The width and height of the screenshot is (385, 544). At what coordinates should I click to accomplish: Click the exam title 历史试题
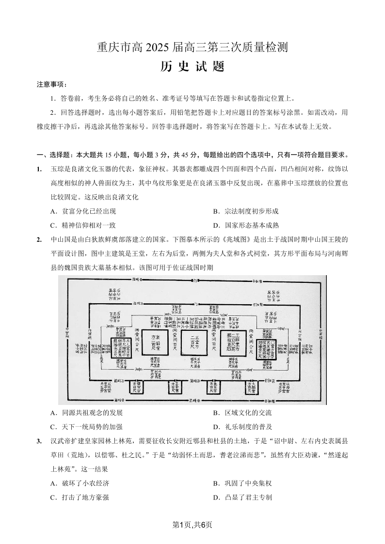pyautogui.click(x=192, y=67)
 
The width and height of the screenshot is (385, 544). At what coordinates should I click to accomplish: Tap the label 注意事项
pyautogui.click(x=52, y=84)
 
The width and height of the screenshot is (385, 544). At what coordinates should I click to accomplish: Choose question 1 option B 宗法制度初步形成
pyautogui.click(x=245, y=211)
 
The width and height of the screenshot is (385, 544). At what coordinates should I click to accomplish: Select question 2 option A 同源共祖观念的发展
pyautogui.click(x=86, y=413)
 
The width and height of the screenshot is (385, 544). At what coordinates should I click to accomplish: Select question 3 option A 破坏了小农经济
pyautogui.click(x=80, y=483)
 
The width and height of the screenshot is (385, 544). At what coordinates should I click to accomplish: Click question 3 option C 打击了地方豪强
pyautogui.click(x=80, y=497)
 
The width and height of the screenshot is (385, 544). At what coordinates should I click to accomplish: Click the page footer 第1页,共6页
pyautogui.click(x=192, y=525)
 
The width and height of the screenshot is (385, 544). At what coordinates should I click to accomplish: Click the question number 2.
pyautogui.click(x=39, y=239)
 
